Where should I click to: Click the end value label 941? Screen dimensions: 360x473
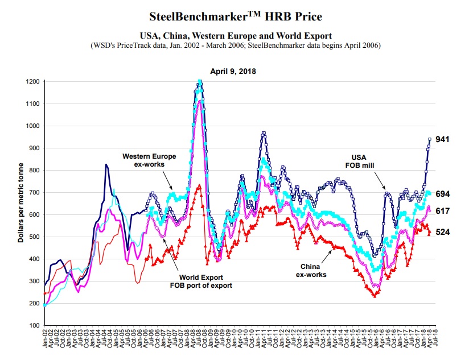click(x=443, y=139)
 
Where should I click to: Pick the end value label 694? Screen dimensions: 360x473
click(x=443, y=194)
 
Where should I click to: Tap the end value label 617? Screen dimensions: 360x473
click(x=443, y=211)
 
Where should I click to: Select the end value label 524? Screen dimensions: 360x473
click(x=443, y=231)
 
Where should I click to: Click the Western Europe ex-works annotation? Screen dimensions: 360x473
click(x=150, y=160)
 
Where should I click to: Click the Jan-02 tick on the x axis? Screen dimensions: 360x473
click(x=45, y=341)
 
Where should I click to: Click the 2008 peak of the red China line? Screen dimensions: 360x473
click(x=199, y=185)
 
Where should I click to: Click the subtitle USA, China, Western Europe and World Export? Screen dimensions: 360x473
click(x=236, y=36)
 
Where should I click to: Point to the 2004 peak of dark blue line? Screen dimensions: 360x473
click(x=106, y=165)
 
